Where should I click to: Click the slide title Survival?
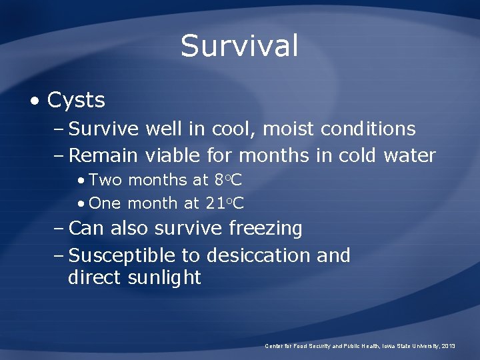239,46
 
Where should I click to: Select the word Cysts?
76,101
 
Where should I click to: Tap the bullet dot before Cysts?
34,101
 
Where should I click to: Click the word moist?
291,129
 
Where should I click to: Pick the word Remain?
103,156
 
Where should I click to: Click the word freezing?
265,229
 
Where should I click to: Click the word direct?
93,278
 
